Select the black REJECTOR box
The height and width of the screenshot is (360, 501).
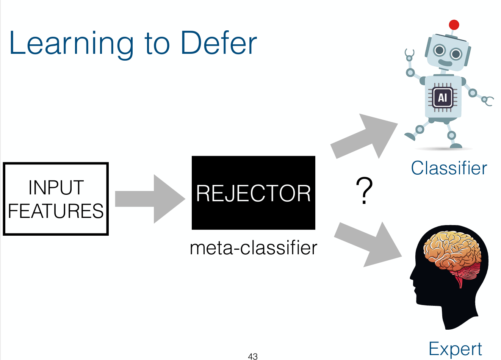(253, 193)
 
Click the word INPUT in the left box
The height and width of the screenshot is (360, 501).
(56, 188)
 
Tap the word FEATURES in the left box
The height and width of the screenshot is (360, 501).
(56, 211)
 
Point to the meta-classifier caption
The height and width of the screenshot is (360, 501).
(253, 248)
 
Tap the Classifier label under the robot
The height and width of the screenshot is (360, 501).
(449, 168)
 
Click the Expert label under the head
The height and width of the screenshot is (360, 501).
(455, 349)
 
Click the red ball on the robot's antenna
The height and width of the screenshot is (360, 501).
(454, 25)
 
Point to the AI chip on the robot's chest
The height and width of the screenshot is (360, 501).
(442, 97)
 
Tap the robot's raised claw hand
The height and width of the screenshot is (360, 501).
(409, 55)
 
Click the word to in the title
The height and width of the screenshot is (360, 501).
(156, 44)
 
